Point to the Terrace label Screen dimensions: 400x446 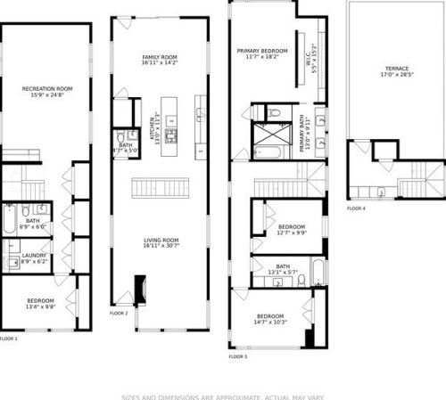coord(397,69)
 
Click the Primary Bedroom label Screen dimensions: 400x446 coord(261,52)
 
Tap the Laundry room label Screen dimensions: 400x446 coord(34,256)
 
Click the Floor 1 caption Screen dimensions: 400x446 coord(8,339)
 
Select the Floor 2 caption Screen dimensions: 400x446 coord(119,314)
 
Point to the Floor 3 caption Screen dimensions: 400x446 coord(237,356)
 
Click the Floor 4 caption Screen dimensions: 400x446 coord(356,208)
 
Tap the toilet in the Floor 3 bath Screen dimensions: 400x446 coord(301,281)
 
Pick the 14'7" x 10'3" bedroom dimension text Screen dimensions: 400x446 coord(270,322)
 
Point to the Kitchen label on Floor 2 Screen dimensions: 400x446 coord(157,124)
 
